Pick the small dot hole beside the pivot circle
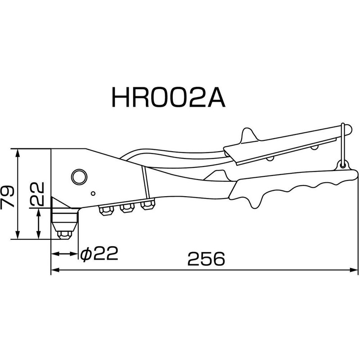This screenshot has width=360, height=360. click(x=93, y=194)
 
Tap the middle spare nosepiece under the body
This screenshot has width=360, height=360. click(x=126, y=208)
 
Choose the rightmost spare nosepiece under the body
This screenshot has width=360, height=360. click(x=147, y=206)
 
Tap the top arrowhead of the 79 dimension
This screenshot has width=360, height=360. click(x=17, y=152)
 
